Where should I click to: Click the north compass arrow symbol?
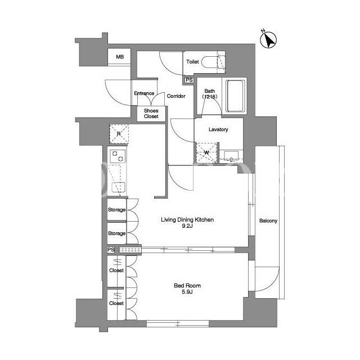pyautogui.click(x=268, y=39)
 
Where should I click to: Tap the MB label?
pyautogui.click(x=120, y=57)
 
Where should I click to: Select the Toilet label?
pyautogui.click(x=192, y=62)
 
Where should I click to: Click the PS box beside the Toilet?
pyautogui.click(x=189, y=80)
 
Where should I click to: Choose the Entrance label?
pyautogui.click(x=144, y=93)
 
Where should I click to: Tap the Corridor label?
pyautogui.click(x=176, y=96)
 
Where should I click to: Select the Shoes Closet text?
pyautogui.click(x=151, y=114)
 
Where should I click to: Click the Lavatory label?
pyautogui.click(x=218, y=129)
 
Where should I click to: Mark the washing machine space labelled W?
pyautogui.click(x=206, y=152)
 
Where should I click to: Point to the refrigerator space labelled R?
pyautogui.click(x=119, y=134)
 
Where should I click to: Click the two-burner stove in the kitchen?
pyautogui.click(x=118, y=156)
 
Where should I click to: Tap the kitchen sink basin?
pyautogui.click(x=118, y=187)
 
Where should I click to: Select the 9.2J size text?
pyautogui.click(x=187, y=226)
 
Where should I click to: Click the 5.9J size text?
pyautogui.click(x=187, y=292)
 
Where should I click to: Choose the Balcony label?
pyautogui.click(x=268, y=221)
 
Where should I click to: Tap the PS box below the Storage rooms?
pyautogui.click(x=111, y=250)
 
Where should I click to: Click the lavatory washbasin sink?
pyautogui.click(x=231, y=156)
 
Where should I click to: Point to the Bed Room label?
pyautogui.click(x=187, y=286)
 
